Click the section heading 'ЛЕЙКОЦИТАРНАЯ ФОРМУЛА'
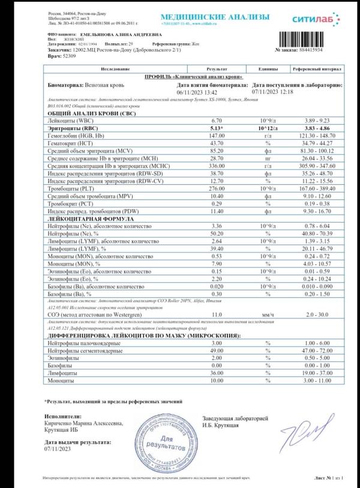tap(86, 218)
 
